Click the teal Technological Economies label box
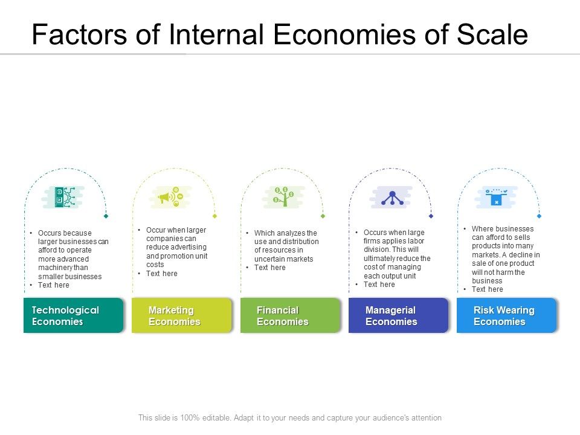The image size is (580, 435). [73, 315]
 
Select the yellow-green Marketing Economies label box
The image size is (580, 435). [181, 315]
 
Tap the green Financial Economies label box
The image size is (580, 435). [290, 315]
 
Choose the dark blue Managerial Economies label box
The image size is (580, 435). [398, 315]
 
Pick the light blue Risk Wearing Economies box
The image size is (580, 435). [506, 315]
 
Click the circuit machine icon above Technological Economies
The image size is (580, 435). [63, 196]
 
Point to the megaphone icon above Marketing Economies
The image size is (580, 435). [171, 197]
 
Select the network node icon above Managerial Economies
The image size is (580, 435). [391, 197]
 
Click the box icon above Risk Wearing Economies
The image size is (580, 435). [497, 197]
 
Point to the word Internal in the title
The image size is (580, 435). [219, 35]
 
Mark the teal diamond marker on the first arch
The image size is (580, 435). [106, 216]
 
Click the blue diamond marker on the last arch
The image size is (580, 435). [539, 216]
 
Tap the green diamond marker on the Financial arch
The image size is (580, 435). [323, 216]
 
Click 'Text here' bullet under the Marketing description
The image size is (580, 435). [161, 274]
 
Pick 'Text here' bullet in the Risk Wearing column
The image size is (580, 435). [487, 289]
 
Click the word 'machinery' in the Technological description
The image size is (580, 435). [56, 268]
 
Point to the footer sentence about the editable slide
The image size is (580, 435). [290, 417]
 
